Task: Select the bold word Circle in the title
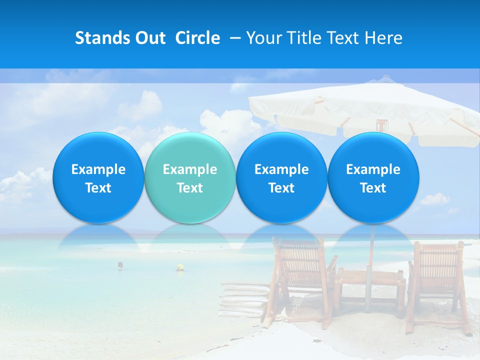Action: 197,38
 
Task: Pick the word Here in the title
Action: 383,38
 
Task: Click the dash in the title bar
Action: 233,38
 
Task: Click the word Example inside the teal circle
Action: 189,169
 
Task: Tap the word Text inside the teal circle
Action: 189,188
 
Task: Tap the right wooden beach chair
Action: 437,285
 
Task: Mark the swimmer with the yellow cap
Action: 179,268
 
